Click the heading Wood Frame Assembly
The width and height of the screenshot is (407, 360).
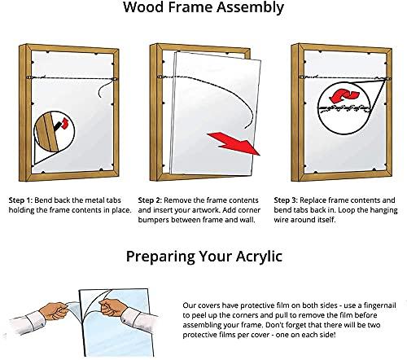coord(203,10)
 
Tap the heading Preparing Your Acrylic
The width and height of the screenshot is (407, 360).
coord(203,257)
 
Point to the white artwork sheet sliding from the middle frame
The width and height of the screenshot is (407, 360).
coord(216,106)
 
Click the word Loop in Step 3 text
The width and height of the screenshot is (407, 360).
coord(348,210)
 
